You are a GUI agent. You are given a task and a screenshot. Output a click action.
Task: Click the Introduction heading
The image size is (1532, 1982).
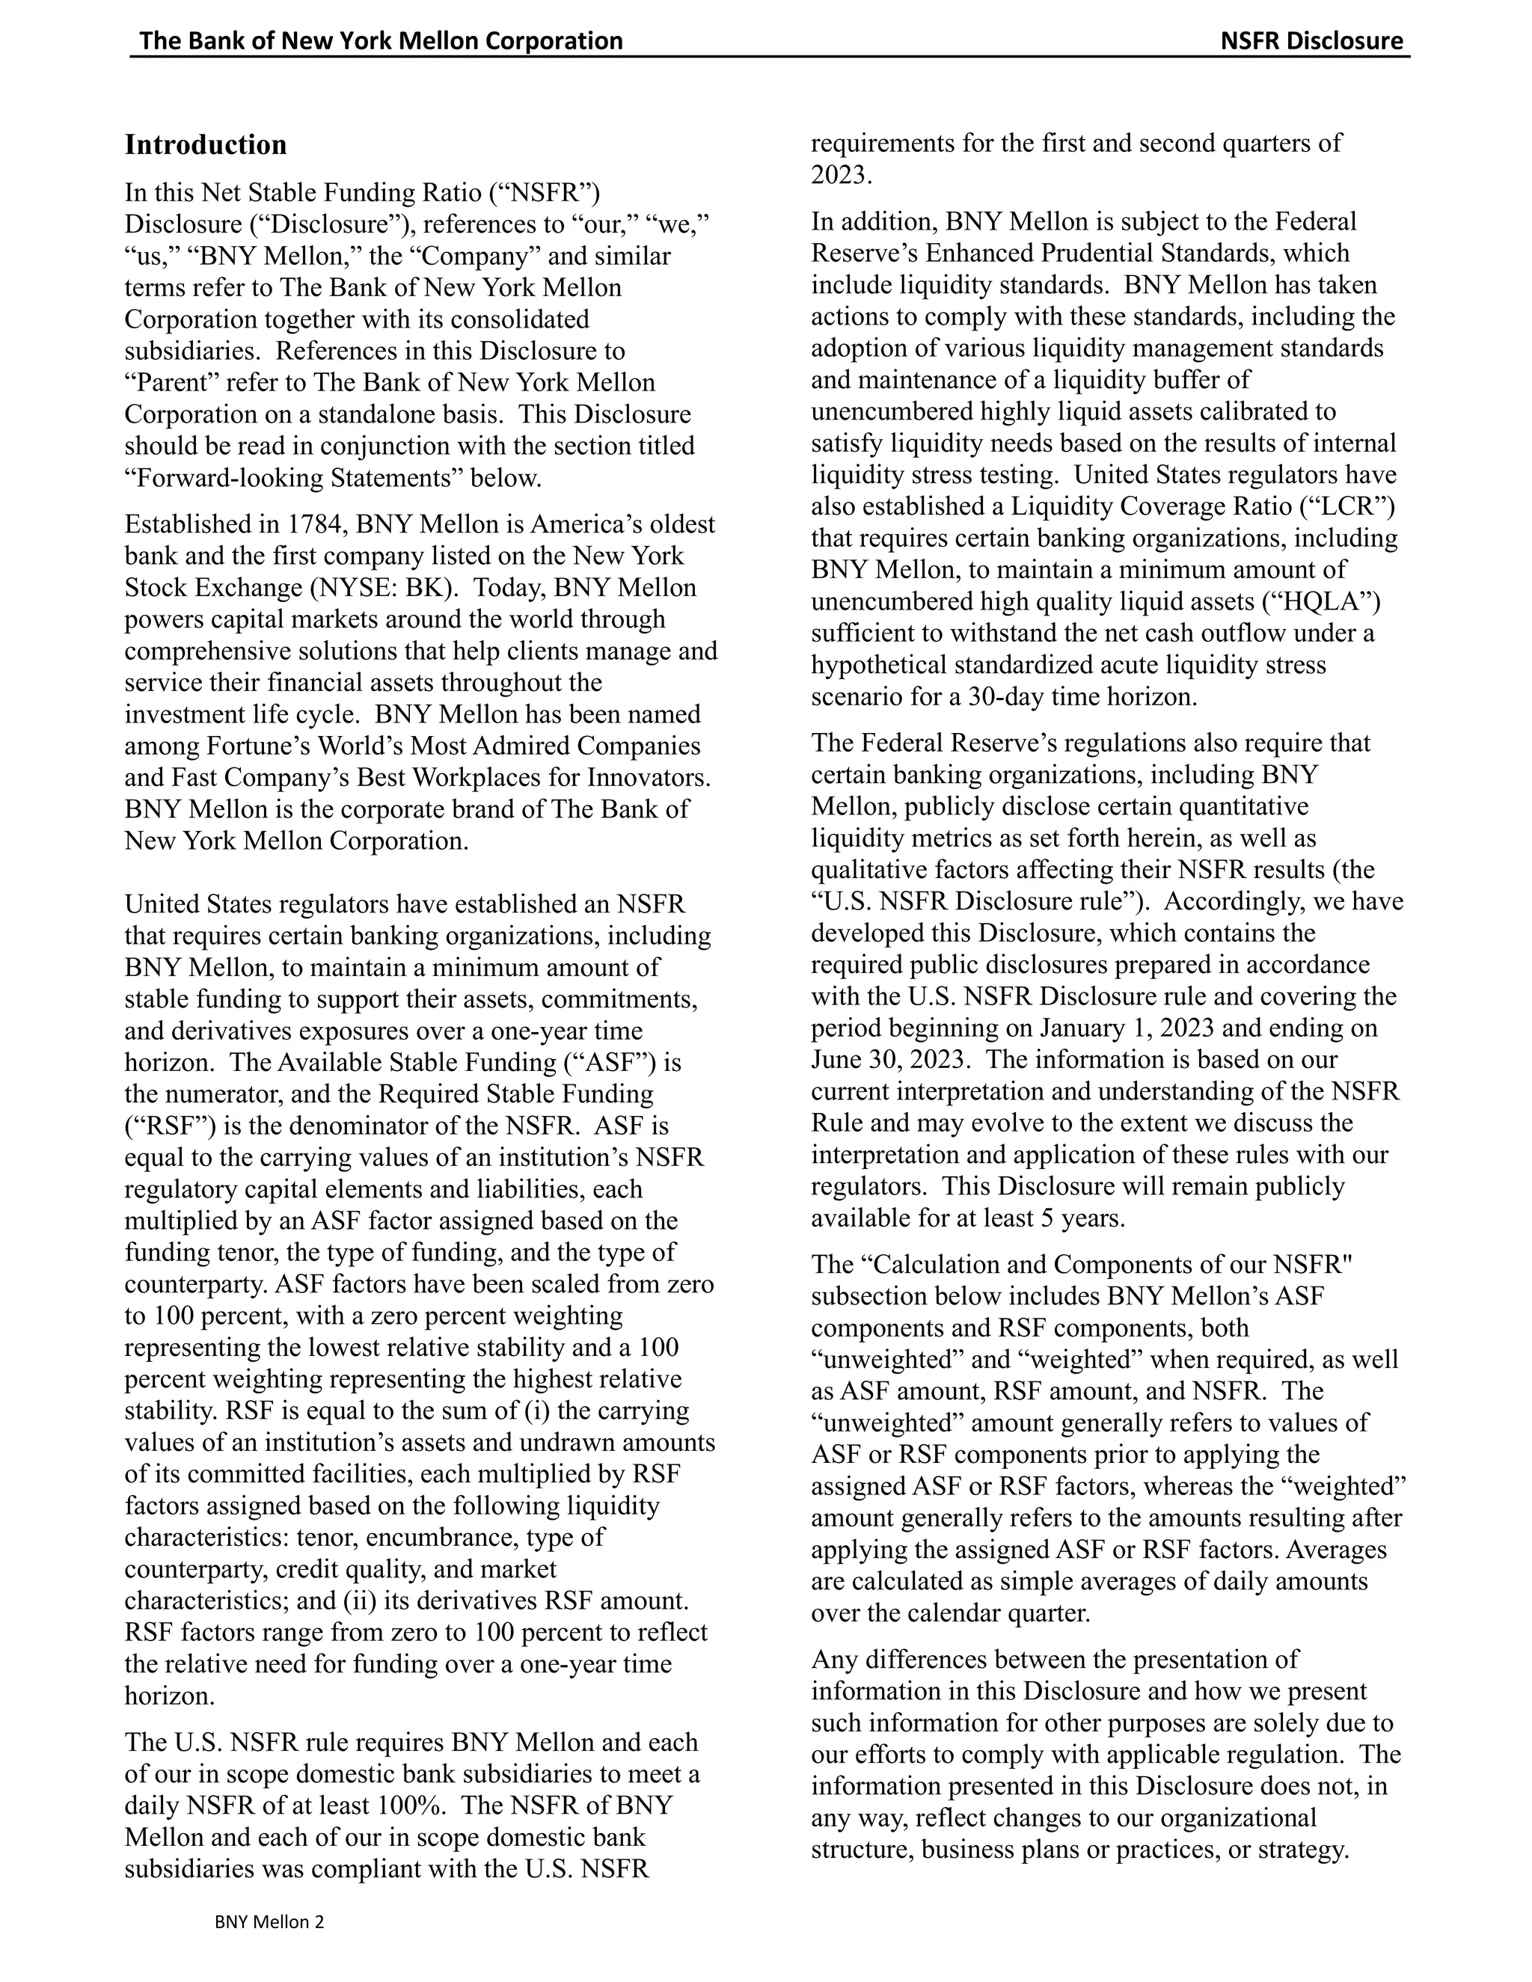pyautogui.click(x=205, y=145)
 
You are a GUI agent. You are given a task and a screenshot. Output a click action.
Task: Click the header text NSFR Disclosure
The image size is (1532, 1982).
pyautogui.click(x=1311, y=41)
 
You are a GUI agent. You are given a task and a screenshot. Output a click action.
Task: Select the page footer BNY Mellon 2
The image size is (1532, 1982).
pyautogui.click(x=269, y=1922)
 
